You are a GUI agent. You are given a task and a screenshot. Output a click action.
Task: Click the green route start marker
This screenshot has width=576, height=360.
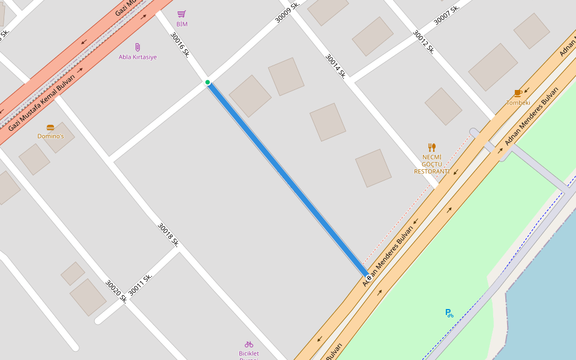click(x=208, y=82)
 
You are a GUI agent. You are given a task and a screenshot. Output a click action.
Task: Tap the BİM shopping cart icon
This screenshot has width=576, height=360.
click(x=182, y=14)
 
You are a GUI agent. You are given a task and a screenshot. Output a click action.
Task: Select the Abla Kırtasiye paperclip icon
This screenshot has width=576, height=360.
click(x=137, y=47)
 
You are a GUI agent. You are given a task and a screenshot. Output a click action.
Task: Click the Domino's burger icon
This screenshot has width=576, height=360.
click(x=50, y=127)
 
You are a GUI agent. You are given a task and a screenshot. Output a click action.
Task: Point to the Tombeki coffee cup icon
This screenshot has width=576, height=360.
click(x=518, y=93)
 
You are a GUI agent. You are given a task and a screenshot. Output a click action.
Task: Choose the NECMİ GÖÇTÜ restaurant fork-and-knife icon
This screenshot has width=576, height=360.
click(x=431, y=147)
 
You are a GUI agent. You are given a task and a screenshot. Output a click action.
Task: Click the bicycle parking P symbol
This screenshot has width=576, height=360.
click(x=449, y=313)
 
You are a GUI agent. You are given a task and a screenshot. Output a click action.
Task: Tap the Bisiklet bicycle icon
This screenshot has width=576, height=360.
click(x=249, y=344)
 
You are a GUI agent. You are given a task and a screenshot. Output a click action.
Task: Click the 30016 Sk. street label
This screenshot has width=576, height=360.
click(x=180, y=45)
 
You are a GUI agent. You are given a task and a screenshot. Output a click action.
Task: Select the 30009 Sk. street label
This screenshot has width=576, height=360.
click(x=287, y=12)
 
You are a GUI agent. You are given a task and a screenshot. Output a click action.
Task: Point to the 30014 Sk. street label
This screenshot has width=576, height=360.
click(x=336, y=66)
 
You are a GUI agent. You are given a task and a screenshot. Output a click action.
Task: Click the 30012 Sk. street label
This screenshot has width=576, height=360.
click(x=424, y=42)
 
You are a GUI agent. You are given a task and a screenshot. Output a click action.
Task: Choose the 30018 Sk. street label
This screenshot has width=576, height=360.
click(x=169, y=235)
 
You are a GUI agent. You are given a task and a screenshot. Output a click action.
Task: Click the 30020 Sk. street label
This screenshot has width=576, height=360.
click(x=116, y=291)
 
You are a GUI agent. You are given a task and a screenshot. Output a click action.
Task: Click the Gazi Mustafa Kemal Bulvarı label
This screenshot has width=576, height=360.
click(x=42, y=103)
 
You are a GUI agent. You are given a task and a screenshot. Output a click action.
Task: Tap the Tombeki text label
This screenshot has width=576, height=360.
click(x=518, y=103)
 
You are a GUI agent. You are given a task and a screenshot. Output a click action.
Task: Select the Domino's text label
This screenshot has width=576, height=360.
click(x=50, y=136)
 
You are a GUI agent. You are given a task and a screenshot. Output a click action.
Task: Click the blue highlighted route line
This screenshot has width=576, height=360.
click(x=287, y=178)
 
